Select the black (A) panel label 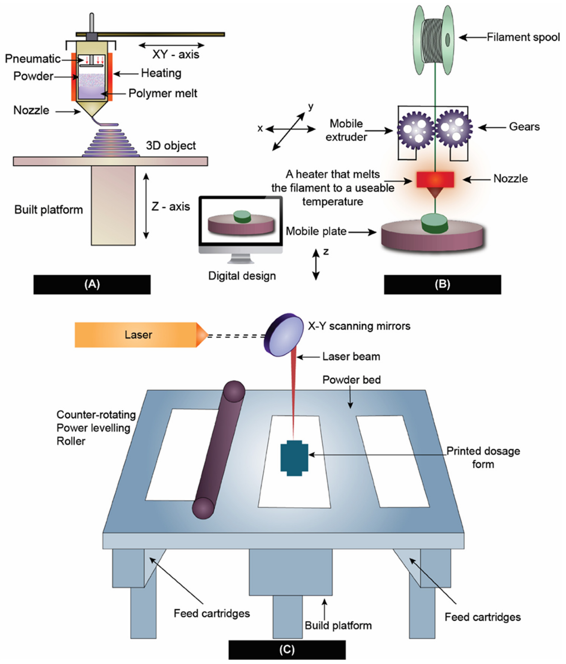(x=92, y=284)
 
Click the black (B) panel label (x=442, y=284)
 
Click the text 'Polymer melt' (x=163, y=93)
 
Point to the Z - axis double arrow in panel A (x=146, y=206)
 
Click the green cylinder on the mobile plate (x=434, y=223)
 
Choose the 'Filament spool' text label (x=523, y=37)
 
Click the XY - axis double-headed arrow (x=172, y=45)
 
